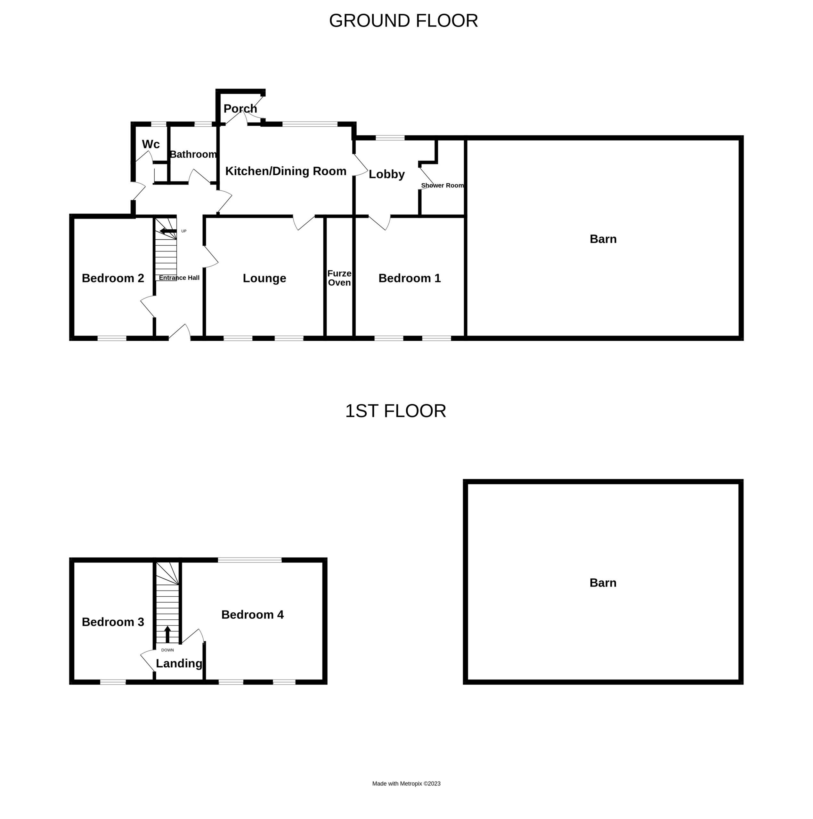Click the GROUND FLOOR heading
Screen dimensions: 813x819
pos(403,21)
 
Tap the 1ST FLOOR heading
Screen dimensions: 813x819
pos(395,411)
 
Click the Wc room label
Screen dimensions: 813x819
pos(150,144)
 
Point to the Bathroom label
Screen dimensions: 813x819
pos(193,154)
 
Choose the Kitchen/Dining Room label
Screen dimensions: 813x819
pos(286,171)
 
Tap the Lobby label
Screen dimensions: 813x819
pos(386,174)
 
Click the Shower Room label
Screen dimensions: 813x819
pos(442,186)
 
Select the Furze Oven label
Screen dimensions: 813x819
pos(339,278)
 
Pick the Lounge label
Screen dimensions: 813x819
pos(264,278)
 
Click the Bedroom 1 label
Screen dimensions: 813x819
pos(410,278)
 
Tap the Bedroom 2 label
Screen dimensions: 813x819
pos(113,278)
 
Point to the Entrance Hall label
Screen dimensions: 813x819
pos(179,278)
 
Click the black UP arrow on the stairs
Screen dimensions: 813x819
pos(168,231)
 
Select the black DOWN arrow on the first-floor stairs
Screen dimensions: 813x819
pos(167,634)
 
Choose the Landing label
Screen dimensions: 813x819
pos(179,664)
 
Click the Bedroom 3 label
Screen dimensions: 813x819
pos(113,622)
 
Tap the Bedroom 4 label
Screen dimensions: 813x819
pos(252,615)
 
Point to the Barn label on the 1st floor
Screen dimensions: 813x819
pos(603,583)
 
